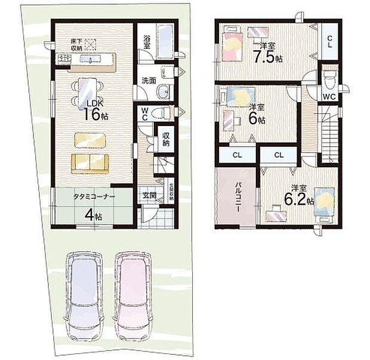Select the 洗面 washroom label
coord(149,81)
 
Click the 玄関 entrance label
coord(149,195)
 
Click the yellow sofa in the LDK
coord(90,162)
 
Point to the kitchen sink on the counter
coord(90,59)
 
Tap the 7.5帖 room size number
coord(264,58)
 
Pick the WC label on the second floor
coord(329,97)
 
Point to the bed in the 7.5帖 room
coord(232,45)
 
